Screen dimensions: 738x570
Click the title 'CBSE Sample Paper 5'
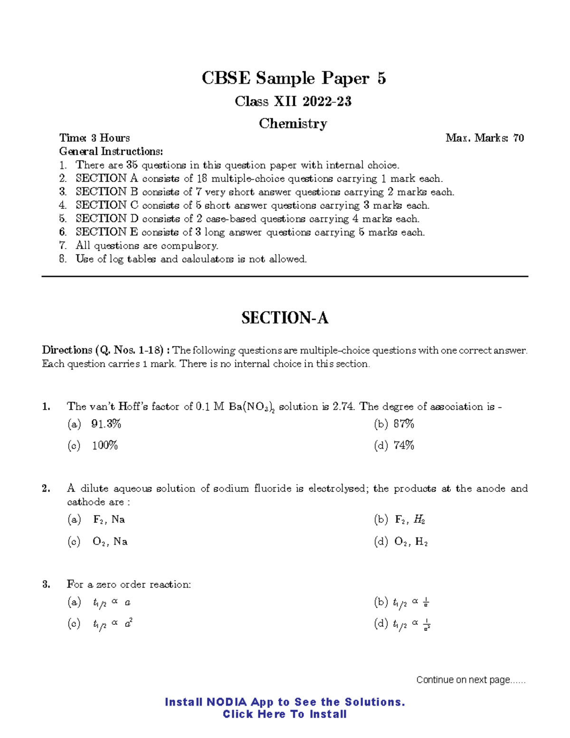click(294, 78)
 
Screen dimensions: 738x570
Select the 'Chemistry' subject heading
click(293, 124)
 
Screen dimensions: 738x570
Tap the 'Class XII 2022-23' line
click(293, 101)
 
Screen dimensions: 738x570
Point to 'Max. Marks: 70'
click(484, 138)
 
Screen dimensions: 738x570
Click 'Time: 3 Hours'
click(95, 138)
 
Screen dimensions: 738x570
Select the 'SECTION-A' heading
click(285, 318)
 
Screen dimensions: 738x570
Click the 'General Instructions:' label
click(111, 151)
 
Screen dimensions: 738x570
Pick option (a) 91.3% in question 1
click(95, 424)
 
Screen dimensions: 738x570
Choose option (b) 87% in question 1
click(394, 424)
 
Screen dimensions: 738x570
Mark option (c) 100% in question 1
click(93, 446)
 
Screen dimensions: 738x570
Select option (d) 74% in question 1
click(394, 446)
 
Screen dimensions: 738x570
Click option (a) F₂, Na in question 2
click(97, 519)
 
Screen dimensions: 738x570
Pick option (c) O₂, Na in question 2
click(98, 542)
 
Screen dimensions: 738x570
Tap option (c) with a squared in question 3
click(100, 624)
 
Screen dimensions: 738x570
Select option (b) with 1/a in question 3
click(402, 603)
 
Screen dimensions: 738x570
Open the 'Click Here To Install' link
click(285, 714)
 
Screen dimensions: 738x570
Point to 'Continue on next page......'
click(471, 680)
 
